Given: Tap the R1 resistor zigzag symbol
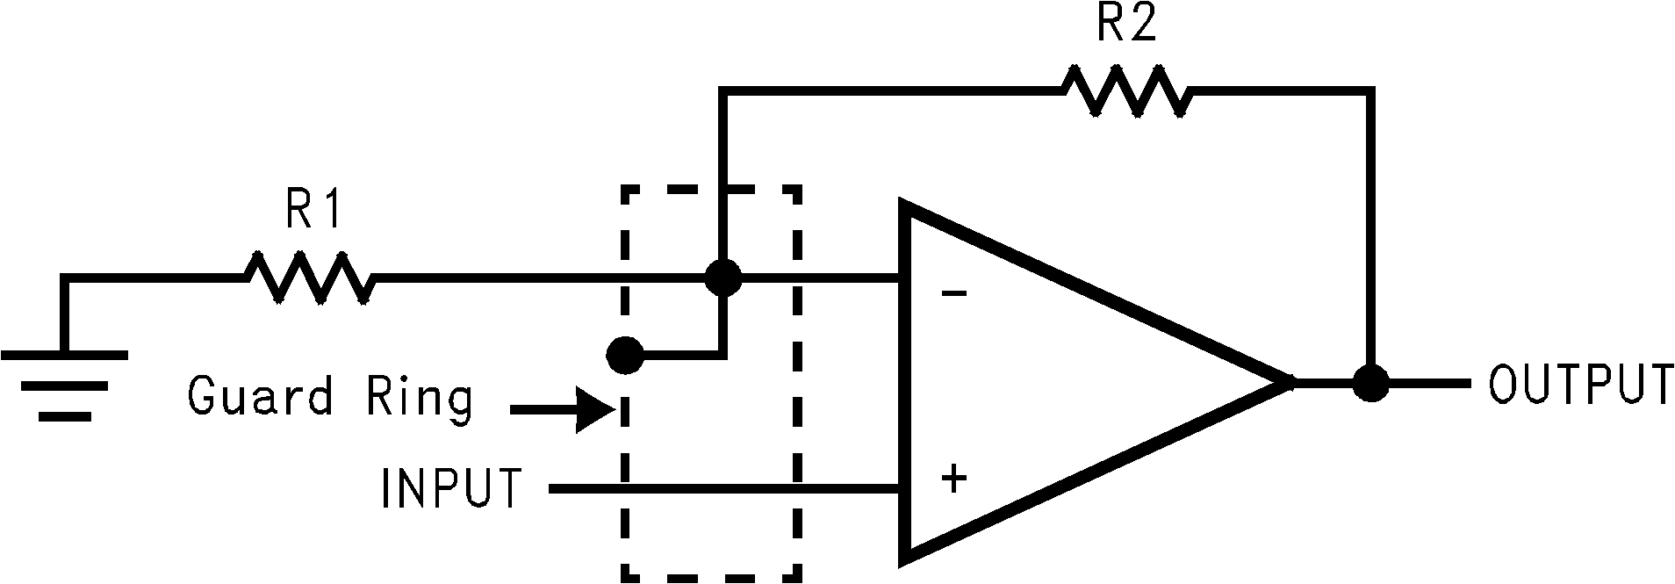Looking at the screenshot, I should point(309,278).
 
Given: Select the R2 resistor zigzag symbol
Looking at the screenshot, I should point(1127,90).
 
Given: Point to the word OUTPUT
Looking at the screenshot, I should point(1580,385).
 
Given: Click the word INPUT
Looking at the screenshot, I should point(451,488).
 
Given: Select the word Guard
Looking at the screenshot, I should point(260,396).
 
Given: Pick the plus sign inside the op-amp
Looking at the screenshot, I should point(954,479).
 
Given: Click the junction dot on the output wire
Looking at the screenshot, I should point(1370,383).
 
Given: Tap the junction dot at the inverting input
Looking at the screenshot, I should point(723,278).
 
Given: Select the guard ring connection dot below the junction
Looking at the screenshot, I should point(625,356).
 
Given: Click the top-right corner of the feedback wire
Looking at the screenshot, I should point(1370,90).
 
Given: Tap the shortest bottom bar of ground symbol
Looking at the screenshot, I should point(65,416).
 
